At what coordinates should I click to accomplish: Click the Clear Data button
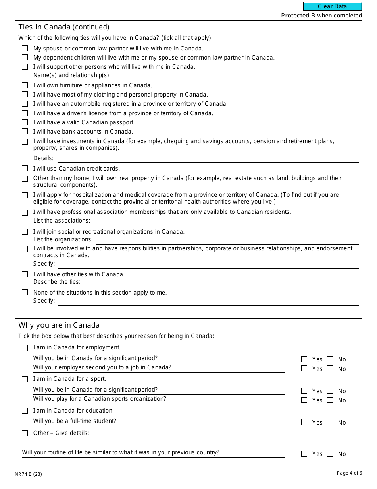click(333, 6)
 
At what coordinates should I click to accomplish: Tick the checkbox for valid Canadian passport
click(25, 122)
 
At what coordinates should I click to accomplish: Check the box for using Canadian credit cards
click(25, 169)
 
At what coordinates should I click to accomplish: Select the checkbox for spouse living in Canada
click(25, 49)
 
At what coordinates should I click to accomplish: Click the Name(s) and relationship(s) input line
click(235, 76)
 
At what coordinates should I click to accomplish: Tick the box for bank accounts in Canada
click(25, 132)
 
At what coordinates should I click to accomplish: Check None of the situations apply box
click(25, 293)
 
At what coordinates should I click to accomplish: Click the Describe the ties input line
click(221, 282)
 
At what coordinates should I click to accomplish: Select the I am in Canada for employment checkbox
click(25, 348)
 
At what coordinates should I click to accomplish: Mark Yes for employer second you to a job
click(304, 369)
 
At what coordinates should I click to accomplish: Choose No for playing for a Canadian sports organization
click(330, 400)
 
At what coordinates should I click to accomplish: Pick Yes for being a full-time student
click(304, 422)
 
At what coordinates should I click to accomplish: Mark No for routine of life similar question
click(330, 454)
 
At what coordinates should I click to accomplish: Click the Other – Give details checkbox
click(25, 433)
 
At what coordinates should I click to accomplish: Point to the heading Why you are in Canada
click(59, 325)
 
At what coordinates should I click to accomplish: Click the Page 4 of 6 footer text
click(349, 473)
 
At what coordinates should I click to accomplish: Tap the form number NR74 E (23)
click(28, 474)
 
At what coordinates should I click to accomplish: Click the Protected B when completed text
click(321, 16)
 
